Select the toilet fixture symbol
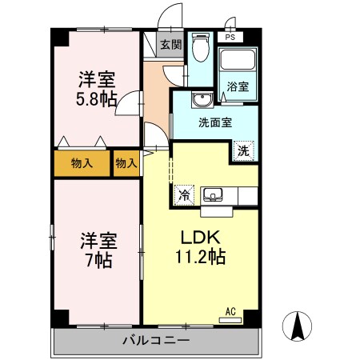tap(201, 50)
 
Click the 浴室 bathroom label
tap(237, 86)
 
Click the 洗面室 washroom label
tap(215, 123)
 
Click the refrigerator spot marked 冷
tap(184, 194)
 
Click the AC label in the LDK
tap(230, 311)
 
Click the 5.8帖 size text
tap(96, 98)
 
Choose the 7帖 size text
tap(96, 260)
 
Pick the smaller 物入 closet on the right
tap(126, 163)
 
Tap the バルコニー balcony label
tap(156, 341)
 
